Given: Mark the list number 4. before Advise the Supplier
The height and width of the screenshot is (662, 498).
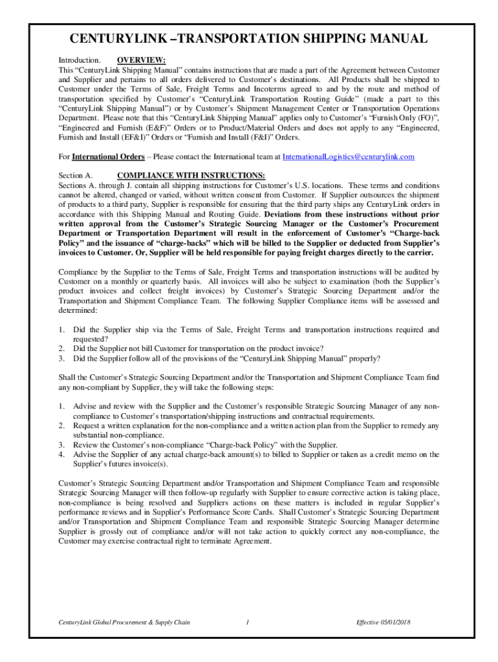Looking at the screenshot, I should [x=62, y=454].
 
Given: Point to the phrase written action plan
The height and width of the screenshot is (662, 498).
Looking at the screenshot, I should [x=316, y=426].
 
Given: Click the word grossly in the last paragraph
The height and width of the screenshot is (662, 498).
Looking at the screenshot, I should [x=105, y=532].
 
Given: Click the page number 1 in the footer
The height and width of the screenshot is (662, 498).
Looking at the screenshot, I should [x=248, y=623].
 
